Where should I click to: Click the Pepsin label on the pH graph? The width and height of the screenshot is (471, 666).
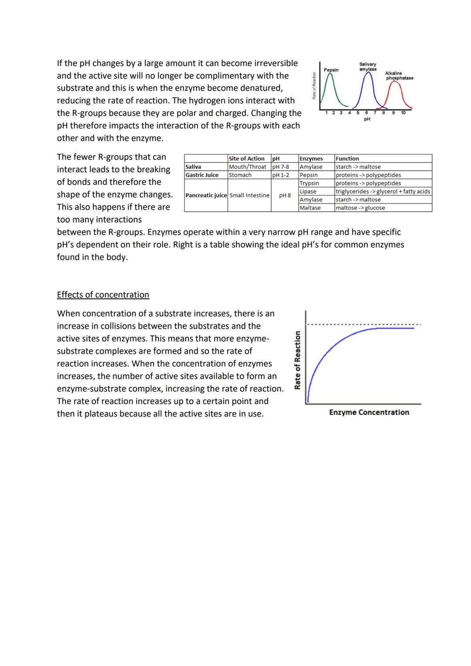point(331,70)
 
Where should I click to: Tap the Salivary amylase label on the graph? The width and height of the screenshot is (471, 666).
point(368,67)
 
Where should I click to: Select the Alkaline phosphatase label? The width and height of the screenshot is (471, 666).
point(399,75)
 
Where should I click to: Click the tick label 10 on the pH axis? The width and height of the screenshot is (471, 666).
point(403,113)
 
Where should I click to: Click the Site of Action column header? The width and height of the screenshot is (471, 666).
point(246,158)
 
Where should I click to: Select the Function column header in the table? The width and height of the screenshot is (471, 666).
point(347,158)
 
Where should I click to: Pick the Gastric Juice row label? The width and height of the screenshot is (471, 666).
point(202,175)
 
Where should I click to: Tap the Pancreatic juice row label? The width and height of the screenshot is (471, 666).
point(206,195)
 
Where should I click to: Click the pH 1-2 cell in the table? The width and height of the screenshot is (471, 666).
point(280,175)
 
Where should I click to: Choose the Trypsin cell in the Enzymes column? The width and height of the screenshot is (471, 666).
point(309,183)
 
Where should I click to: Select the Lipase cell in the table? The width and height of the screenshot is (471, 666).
point(308,191)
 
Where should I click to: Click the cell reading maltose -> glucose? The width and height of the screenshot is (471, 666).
point(360,208)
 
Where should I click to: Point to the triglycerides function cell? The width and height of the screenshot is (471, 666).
point(382,191)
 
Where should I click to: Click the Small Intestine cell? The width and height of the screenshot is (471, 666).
point(249,195)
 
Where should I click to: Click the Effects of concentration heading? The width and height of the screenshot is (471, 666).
point(103,295)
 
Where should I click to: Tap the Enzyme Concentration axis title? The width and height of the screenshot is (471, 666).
point(369,412)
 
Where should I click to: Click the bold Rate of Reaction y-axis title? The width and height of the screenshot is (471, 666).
point(297,360)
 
